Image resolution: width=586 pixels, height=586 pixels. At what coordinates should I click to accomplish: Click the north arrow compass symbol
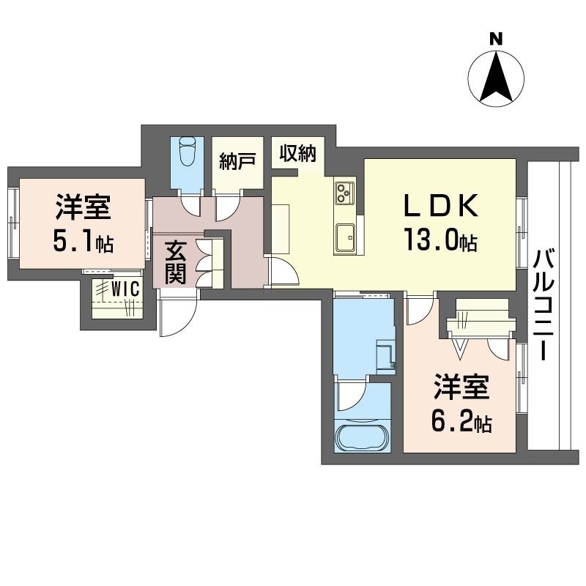click(x=497, y=79)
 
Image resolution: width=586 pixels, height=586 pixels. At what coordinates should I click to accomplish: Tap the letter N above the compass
click(x=497, y=39)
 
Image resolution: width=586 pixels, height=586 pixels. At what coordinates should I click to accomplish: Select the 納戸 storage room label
click(x=237, y=161)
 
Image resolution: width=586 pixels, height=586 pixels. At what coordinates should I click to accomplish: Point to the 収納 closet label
click(x=298, y=153)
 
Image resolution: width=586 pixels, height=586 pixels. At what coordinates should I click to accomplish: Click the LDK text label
click(x=441, y=205)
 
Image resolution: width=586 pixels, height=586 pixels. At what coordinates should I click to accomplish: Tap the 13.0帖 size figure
click(x=440, y=241)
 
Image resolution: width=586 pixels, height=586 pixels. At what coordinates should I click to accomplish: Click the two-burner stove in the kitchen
click(x=344, y=193)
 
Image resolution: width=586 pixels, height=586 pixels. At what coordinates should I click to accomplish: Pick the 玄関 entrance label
click(x=175, y=262)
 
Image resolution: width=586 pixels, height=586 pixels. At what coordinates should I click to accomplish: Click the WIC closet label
click(x=125, y=289)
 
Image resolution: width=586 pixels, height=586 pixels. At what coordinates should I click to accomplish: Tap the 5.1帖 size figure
click(x=84, y=242)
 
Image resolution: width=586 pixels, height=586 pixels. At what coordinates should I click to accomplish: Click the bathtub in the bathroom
click(x=363, y=437)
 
